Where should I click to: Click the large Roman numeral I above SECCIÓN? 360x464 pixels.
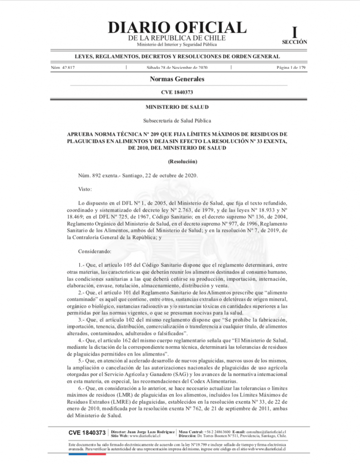click(x=295, y=32)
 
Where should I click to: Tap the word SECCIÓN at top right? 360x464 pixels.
click(x=294, y=42)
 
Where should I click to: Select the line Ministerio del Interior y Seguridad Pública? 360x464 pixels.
click(x=177, y=44)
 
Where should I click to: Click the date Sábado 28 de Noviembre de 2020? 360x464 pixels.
click(x=177, y=68)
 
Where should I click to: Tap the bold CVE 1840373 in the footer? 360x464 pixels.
click(x=88, y=433)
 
